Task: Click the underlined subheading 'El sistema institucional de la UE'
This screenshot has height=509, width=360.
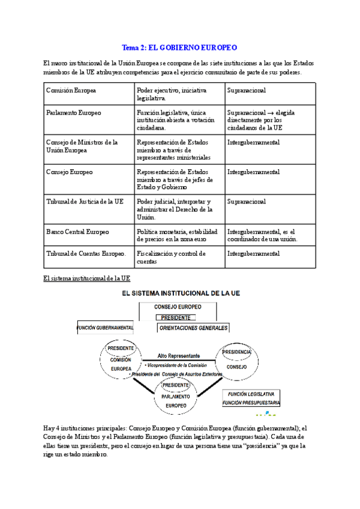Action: pos(87,279)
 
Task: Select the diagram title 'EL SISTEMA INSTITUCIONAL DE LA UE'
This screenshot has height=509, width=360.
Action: pos(180,294)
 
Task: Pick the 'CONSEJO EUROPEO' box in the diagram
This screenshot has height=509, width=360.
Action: pos(178,307)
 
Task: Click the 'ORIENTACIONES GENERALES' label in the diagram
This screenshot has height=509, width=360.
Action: pos(194,328)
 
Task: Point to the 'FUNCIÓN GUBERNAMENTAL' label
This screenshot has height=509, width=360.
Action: pos(106,328)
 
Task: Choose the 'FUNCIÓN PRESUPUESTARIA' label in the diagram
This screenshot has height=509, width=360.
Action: pos(251,403)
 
